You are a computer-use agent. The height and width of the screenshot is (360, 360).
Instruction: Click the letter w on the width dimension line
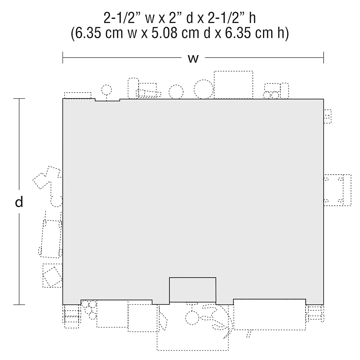pos(193,59)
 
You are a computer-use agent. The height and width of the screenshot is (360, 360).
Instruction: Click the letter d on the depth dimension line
pos(19,202)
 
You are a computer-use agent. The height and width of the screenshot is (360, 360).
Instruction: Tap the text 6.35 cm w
pos(104,33)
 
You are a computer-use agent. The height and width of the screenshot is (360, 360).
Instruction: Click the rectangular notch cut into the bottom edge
pos(193,290)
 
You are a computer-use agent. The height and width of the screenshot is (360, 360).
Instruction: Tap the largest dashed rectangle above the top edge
pos(234,85)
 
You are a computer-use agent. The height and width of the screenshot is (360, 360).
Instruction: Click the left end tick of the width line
pos(63,57)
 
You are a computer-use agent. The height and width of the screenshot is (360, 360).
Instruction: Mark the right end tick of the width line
pos(324,57)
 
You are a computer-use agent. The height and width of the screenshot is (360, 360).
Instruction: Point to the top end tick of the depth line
pos(19,99)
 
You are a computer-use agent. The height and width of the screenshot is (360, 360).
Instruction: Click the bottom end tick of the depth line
pos(19,305)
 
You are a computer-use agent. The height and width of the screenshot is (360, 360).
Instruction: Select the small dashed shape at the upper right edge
pos(327,116)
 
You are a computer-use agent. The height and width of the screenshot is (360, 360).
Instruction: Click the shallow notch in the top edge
pos(107,100)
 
